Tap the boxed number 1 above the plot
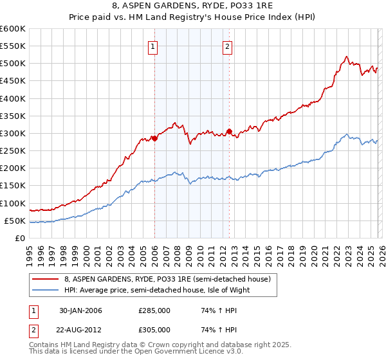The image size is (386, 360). click(x=153, y=46)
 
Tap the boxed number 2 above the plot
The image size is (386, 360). click(x=228, y=46)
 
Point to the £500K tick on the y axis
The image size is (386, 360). click(x=12, y=64)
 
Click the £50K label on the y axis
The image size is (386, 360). click(x=14, y=221)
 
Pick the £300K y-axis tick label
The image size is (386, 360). click(x=12, y=133)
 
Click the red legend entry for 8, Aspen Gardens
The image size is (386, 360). click(x=170, y=279)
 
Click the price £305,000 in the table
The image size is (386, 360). click(x=154, y=329)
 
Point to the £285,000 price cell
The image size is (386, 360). click(x=154, y=310)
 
